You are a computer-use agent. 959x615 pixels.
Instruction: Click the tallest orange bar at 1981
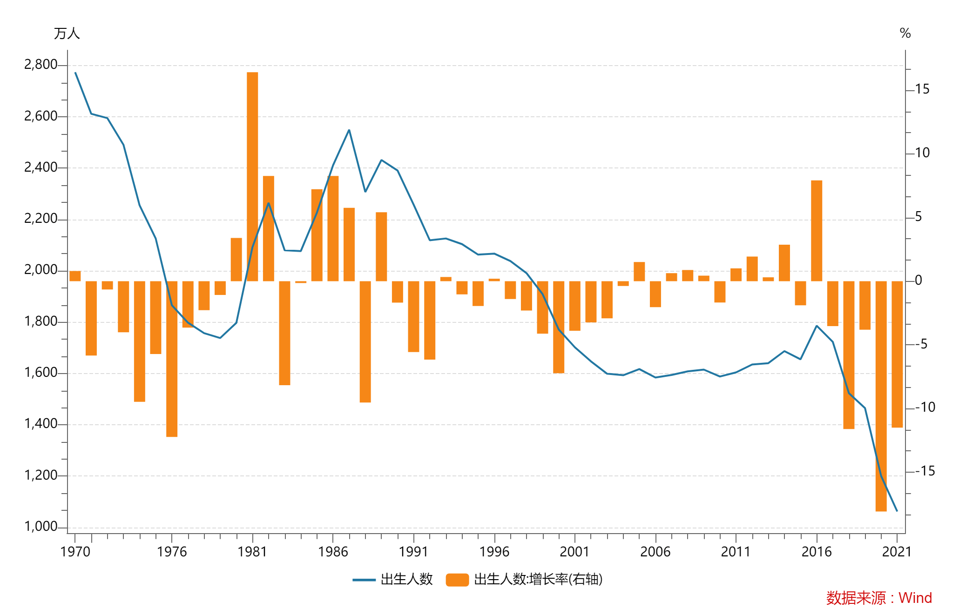pyautogui.click(x=252, y=177)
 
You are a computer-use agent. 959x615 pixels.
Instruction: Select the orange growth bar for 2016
pyautogui.click(x=817, y=231)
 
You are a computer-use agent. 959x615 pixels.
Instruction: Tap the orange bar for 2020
pyautogui.click(x=881, y=395)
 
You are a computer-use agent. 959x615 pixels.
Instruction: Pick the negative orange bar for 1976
pyautogui.click(x=172, y=358)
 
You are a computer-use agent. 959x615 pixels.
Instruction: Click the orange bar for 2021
pyautogui.click(x=897, y=354)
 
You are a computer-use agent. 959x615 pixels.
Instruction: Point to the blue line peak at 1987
pyautogui.click(x=349, y=130)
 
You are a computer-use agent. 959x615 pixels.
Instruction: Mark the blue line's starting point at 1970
pyautogui.click(x=75, y=73)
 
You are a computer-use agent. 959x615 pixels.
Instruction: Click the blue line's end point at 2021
pyautogui.click(x=897, y=511)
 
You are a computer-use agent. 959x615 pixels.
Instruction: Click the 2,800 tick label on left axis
pyautogui.click(x=41, y=65)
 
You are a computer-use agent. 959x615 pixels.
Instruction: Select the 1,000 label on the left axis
pyautogui.click(x=41, y=527)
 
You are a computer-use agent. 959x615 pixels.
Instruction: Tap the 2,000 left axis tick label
pyautogui.click(x=41, y=270)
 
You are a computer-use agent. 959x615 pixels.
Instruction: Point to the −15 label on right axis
pyautogui.click(x=925, y=471)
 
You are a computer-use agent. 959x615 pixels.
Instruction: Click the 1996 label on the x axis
pyautogui.click(x=494, y=552)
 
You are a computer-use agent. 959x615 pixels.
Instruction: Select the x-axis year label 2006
pyautogui.click(x=655, y=552)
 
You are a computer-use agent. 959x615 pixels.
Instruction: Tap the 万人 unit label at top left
pyautogui.click(x=67, y=33)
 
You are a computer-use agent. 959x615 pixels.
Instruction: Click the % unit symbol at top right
pyautogui.click(x=905, y=33)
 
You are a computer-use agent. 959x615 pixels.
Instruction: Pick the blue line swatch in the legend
pyautogui.click(x=364, y=580)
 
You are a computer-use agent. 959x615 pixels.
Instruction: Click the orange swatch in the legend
pyautogui.click(x=457, y=580)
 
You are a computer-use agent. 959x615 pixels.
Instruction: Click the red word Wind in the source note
pyautogui.click(x=915, y=598)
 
